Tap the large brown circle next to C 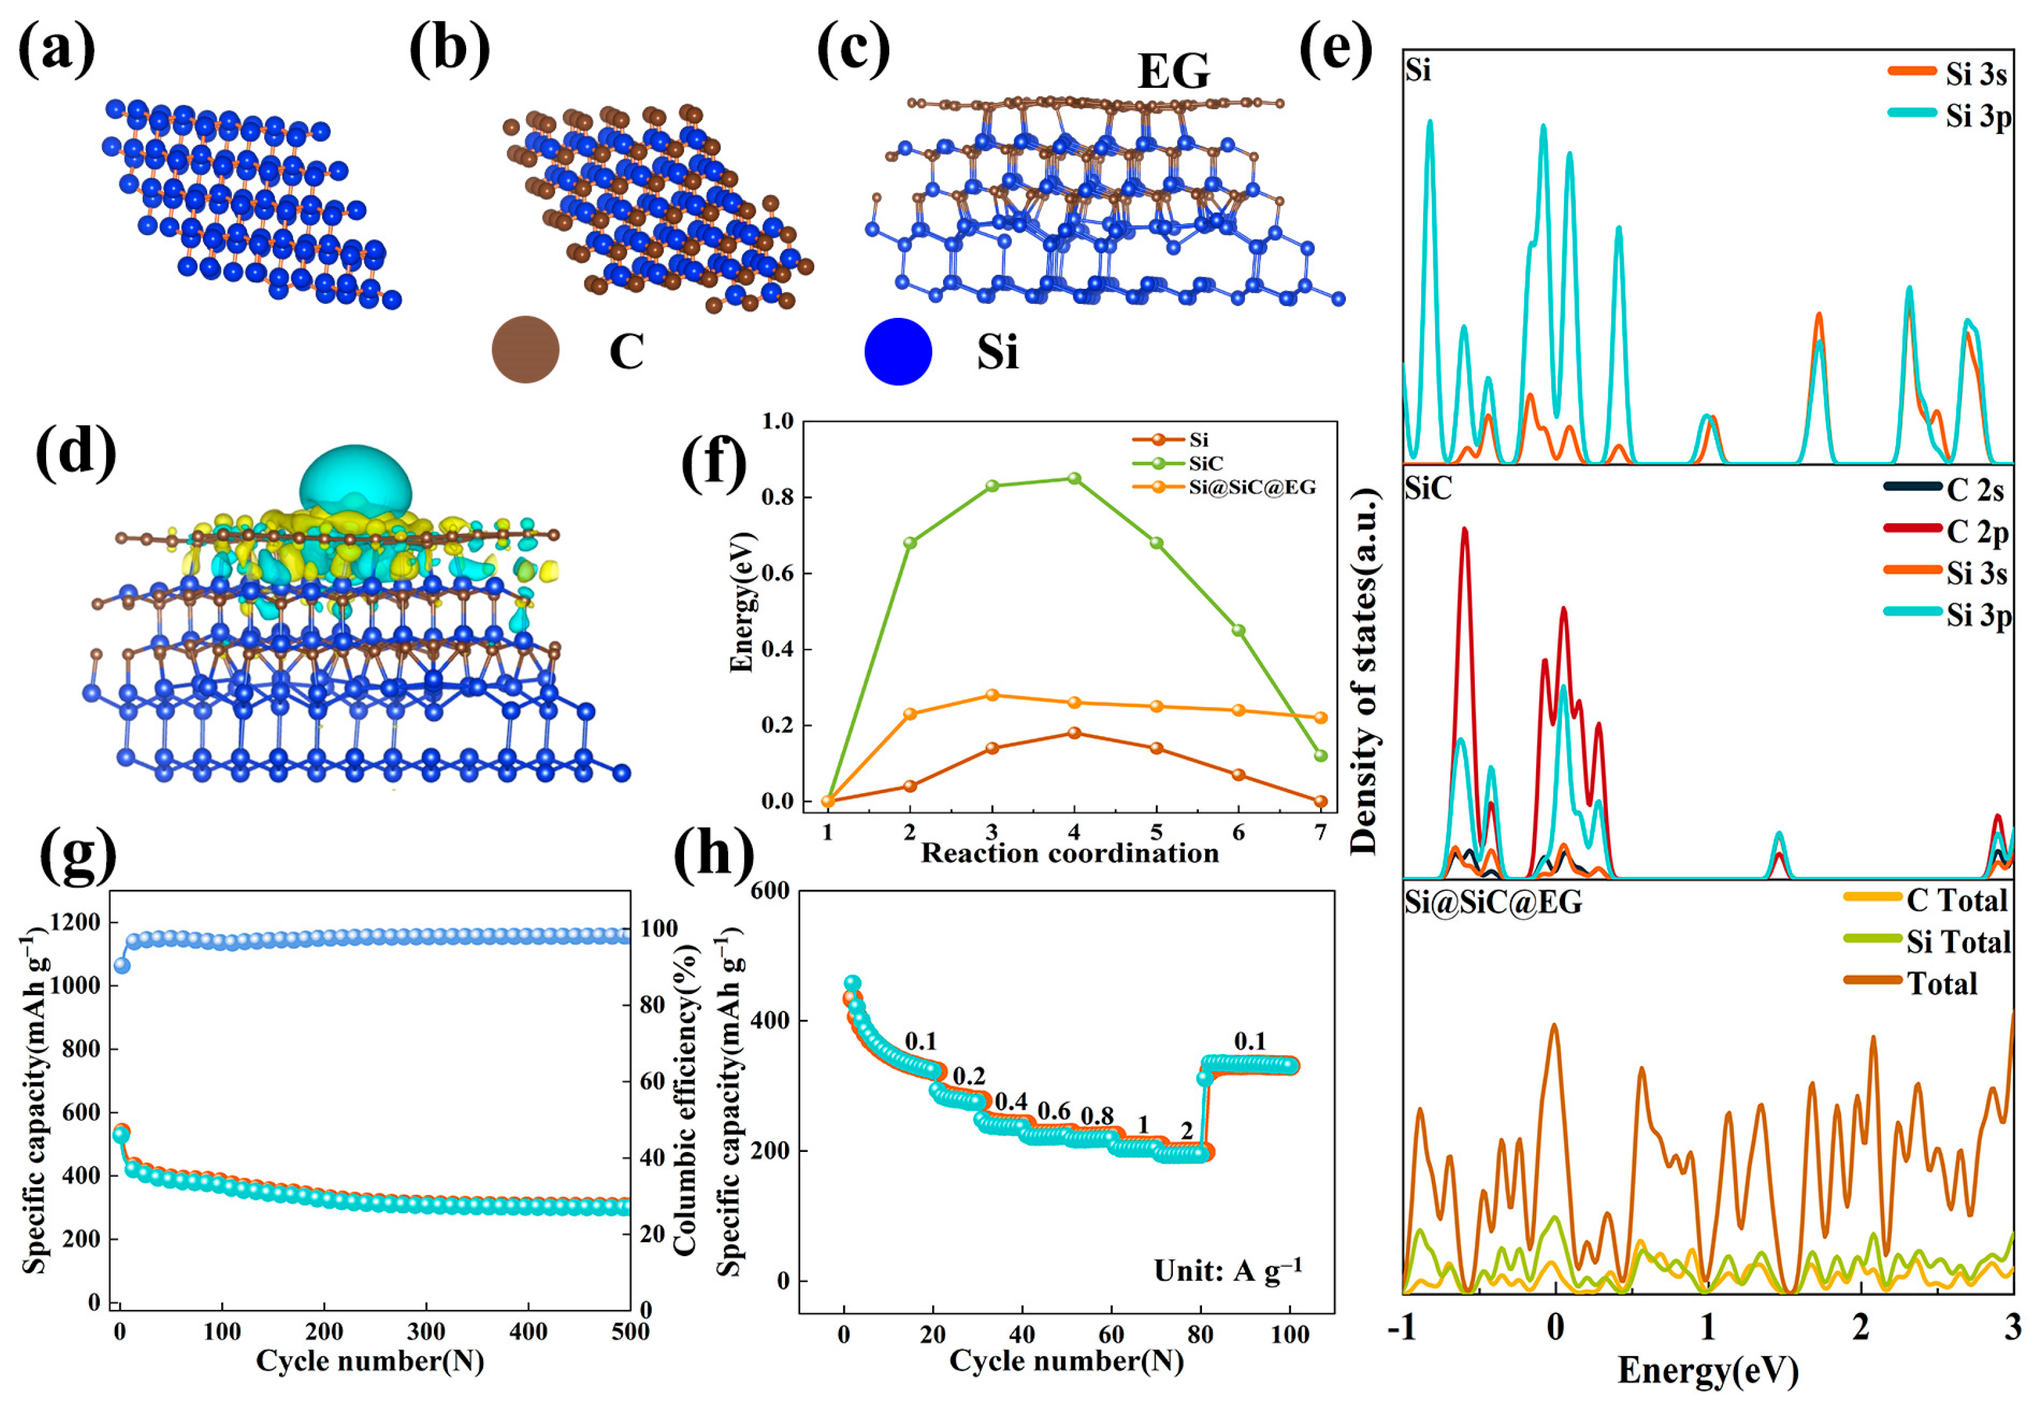(525, 349)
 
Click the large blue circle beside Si (898, 351)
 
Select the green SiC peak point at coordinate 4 (1074, 478)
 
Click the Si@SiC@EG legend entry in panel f (1251, 487)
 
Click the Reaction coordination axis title (1069, 853)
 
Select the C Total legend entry (1956, 900)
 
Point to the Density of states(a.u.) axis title (1364, 672)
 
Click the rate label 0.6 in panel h (1054, 1110)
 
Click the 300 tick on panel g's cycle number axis (426, 1331)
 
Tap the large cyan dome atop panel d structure (355, 478)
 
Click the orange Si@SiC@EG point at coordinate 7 (1320, 718)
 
